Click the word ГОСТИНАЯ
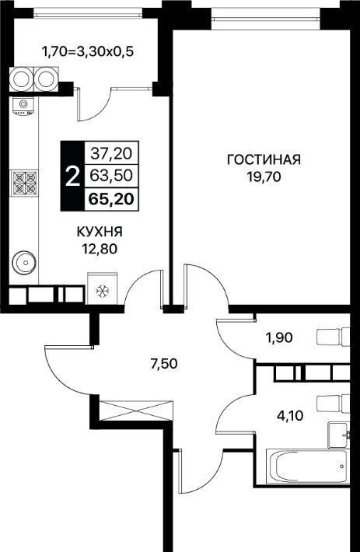click(264, 159)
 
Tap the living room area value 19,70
click(264, 176)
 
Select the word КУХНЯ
click(100, 232)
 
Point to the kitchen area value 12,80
click(100, 249)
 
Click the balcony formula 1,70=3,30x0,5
click(88, 52)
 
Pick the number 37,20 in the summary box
click(111, 153)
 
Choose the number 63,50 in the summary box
click(111, 175)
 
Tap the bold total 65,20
click(111, 199)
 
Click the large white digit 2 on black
click(72, 176)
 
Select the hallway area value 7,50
click(163, 364)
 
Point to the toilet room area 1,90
click(279, 338)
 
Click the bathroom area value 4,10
click(290, 416)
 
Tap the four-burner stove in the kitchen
click(25, 183)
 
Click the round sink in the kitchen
click(24, 262)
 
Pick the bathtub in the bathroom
click(307, 467)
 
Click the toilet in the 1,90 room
click(334, 337)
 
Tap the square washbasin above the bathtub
click(338, 435)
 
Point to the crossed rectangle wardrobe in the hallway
click(136, 411)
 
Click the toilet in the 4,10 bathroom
click(334, 403)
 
